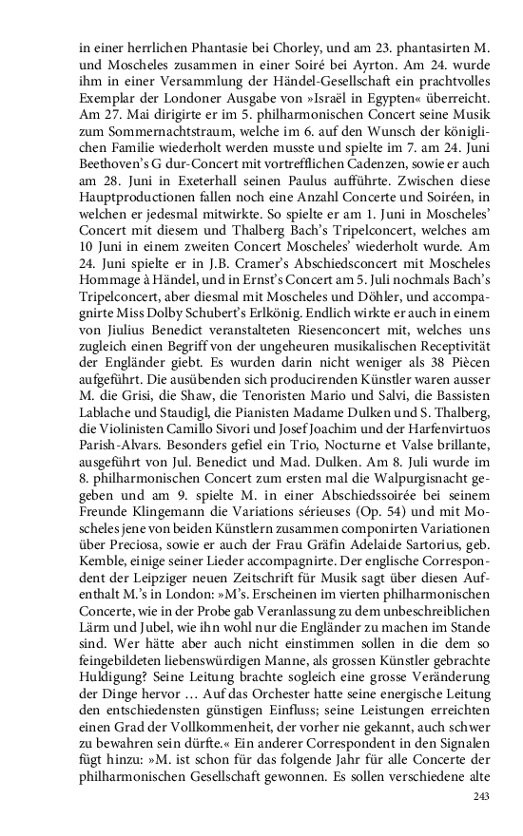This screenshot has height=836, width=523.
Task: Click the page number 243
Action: pos(485,796)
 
